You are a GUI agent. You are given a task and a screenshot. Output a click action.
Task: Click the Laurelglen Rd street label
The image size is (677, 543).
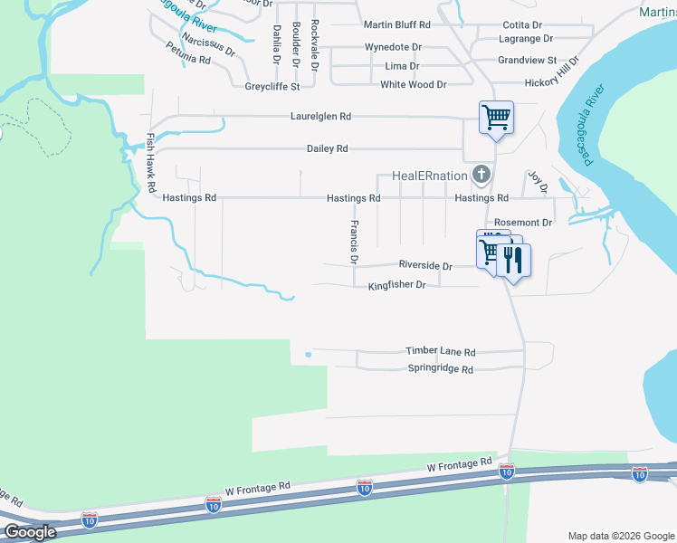[x=320, y=117]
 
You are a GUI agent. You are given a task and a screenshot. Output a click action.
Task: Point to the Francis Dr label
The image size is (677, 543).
[x=355, y=242]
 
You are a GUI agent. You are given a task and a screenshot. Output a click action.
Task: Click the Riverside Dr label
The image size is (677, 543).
[x=425, y=265]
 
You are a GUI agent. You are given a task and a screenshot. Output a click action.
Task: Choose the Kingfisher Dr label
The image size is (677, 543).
[x=396, y=286]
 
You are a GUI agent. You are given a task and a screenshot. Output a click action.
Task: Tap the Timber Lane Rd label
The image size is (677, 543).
[x=440, y=352]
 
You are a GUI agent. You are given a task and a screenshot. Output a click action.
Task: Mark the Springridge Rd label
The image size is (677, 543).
[x=441, y=369]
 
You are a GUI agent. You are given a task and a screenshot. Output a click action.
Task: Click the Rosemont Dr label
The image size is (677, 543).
[x=523, y=223]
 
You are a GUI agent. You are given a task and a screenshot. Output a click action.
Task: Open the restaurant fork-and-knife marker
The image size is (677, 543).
[x=513, y=261]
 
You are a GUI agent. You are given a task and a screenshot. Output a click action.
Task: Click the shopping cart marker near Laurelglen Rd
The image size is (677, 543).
[x=496, y=118]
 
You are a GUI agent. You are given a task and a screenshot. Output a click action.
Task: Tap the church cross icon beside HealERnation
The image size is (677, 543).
[x=482, y=174]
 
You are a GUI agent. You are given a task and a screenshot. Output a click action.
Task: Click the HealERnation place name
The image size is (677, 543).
[x=429, y=175]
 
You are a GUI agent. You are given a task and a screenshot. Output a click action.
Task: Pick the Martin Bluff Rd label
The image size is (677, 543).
[x=396, y=25]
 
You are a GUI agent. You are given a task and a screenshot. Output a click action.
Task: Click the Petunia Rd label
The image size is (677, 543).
[x=188, y=52]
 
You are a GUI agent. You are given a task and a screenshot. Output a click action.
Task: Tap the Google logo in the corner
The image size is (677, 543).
[x=29, y=532]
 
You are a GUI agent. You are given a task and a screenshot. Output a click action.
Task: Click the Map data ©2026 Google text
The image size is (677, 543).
[x=620, y=536]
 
